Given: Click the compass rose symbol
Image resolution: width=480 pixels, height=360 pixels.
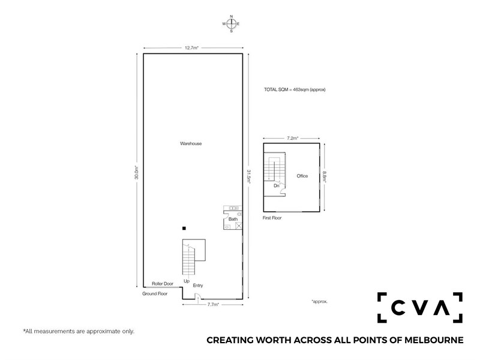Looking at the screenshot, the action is (232, 23).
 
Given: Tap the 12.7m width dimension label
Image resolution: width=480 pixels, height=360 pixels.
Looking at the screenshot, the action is (191, 48).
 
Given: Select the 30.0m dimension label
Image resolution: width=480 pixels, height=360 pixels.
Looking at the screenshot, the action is (137, 172).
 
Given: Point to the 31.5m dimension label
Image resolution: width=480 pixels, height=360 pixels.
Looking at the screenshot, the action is (249, 176).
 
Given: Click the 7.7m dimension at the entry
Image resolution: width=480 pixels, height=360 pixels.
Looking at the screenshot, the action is (213, 304).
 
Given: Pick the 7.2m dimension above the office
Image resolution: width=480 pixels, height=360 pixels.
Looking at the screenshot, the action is (293, 138).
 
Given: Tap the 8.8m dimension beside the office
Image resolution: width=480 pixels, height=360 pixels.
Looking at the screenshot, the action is (325, 177).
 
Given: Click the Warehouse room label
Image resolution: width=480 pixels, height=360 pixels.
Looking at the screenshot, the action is (191, 143).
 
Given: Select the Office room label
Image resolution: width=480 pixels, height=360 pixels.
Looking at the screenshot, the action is (302, 176).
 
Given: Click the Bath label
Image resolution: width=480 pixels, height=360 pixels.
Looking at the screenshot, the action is (233, 219).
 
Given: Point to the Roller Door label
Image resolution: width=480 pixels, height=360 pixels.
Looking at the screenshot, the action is (163, 284).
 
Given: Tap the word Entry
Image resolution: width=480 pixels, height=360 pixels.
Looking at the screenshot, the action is (198, 286).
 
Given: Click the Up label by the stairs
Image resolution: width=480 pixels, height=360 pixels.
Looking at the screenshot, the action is (187, 281).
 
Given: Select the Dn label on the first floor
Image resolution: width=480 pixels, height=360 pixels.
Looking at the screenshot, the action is (277, 186).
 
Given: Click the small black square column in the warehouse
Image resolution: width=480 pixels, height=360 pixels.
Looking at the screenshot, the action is (184, 228).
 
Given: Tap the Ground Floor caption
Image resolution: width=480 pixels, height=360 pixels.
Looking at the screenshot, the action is (155, 293).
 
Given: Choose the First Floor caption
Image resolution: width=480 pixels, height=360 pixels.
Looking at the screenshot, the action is (272, 218).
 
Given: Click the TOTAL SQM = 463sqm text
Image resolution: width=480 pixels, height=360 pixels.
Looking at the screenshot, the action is (295, 89).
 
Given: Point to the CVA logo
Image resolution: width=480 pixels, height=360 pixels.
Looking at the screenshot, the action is (419, 307).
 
